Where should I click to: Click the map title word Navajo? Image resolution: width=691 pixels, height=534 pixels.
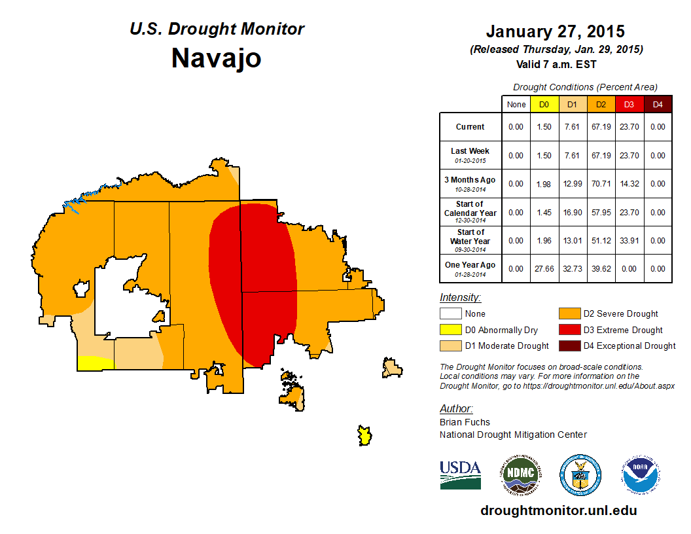pos(216,58)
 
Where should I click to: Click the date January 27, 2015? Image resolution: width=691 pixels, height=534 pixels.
pos(556,31)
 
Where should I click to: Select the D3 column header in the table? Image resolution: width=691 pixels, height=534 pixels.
pos(629,104)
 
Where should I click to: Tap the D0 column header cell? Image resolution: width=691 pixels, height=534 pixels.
pos(544,104)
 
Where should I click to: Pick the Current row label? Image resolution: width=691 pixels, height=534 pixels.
pos(470,127)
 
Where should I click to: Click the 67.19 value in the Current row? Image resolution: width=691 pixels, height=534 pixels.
pos(600,127)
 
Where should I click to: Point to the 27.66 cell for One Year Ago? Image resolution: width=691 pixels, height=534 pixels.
pos(544,269)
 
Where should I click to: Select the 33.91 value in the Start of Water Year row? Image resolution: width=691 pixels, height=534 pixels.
pos(629,241)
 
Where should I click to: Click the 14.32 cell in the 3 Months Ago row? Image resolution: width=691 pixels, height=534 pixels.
pos(629,184)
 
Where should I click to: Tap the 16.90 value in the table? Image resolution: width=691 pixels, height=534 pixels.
pos(572,213)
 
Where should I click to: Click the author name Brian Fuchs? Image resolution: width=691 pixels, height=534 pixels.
pos(465,422)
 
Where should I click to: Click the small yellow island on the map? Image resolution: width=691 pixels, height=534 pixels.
pos(364,435)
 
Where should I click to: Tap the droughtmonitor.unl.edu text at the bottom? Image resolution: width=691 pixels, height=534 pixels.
pos(558,510)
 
